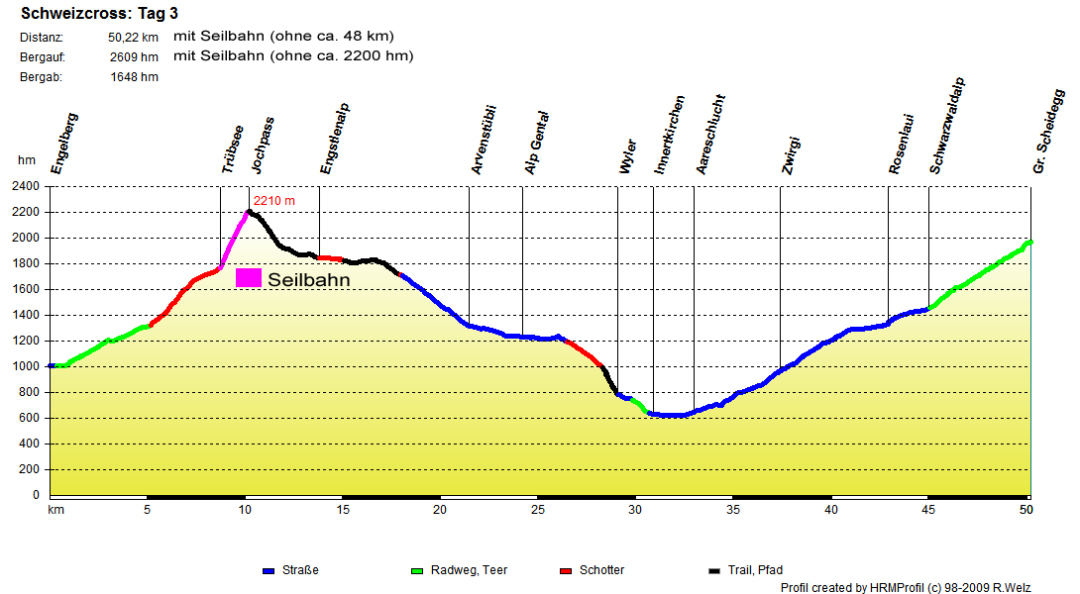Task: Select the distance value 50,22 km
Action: coord(134,38)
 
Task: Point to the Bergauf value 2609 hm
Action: coord(135,56)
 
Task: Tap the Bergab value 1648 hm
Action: coord(135,76)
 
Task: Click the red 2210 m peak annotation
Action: coord(273,201)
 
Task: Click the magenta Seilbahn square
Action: coord(249,278)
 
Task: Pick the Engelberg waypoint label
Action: coord(64,145)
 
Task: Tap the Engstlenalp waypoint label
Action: coord(336,140)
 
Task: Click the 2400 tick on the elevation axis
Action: coord(26,186)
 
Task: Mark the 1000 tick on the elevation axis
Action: coord(26,366)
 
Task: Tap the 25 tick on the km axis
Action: coord(537,510)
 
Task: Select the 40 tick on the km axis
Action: coord(830,510)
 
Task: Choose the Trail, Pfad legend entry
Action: coord(747,570)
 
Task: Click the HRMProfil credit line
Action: coord(906,587)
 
